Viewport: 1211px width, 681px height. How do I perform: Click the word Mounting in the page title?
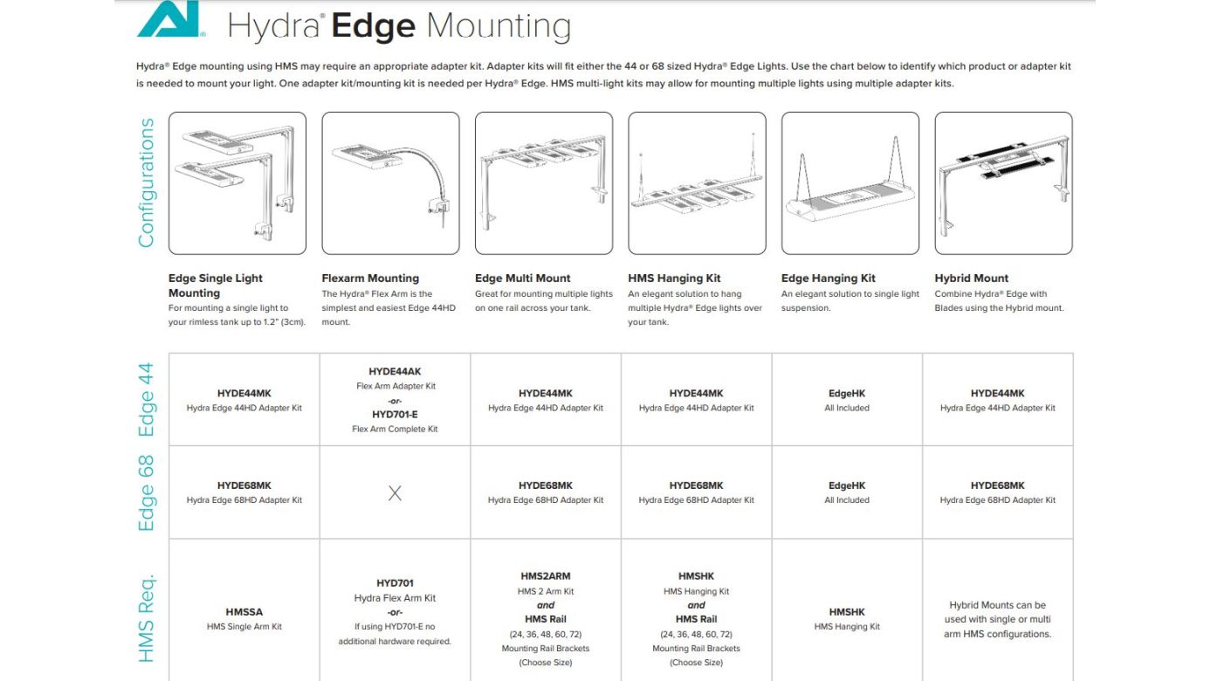498,26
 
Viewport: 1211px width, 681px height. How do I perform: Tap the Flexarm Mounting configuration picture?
390,182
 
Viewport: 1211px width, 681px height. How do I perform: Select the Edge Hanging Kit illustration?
850,182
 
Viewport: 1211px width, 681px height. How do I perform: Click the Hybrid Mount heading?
971,279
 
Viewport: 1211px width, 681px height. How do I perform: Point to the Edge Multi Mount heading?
522,279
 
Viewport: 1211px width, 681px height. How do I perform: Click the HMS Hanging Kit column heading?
674,279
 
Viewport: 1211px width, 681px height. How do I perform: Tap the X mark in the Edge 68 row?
395,493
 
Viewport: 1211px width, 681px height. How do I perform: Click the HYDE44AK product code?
395,372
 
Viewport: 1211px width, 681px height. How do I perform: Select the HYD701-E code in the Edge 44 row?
395,415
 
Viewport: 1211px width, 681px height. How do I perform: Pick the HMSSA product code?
244,612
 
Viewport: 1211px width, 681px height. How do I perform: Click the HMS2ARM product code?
545,576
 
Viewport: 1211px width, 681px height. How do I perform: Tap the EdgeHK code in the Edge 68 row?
847,485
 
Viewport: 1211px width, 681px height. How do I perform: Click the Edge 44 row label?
146,399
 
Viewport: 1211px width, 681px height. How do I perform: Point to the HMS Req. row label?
146,617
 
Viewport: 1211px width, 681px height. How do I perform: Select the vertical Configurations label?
146,182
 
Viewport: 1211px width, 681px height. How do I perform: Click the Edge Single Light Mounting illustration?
237,182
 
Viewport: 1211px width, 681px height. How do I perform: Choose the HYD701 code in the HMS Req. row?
395,583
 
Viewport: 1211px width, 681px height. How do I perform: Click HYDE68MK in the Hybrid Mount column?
997,485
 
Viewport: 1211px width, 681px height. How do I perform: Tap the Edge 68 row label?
146,492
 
